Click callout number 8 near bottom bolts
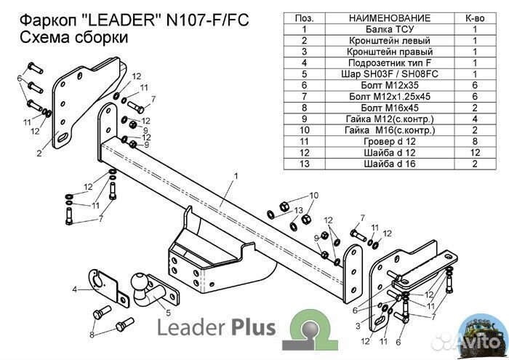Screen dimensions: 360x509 tap(92, 335)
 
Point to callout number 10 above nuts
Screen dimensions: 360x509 tap(314, 195)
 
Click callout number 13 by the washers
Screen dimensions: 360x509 tap(297, 209)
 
